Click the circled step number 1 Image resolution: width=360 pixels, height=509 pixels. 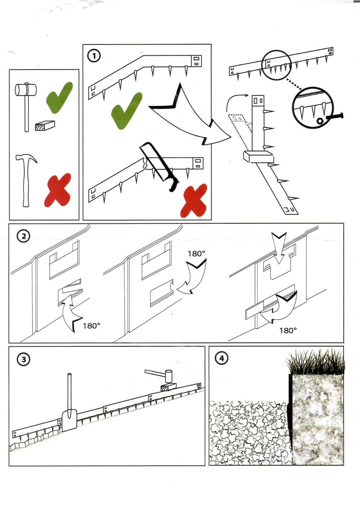click(x=94, y=56)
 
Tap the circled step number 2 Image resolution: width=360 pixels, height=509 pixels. click(x=24, y=236)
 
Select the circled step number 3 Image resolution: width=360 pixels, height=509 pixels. click(x=24, y=359)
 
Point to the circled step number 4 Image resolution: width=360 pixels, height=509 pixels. click(x=221, y=358)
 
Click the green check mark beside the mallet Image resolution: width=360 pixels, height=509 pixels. click(x=59, y=97)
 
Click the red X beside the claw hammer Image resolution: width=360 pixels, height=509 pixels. click(x=58, y=190)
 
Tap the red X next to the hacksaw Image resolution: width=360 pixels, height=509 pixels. click(x=194, y=201)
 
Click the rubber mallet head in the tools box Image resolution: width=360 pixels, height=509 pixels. click(x=26, y=90)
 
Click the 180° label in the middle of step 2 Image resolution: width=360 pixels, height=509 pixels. click(x=196, y=254)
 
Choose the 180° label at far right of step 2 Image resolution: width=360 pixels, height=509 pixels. click(x=288, y=330)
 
